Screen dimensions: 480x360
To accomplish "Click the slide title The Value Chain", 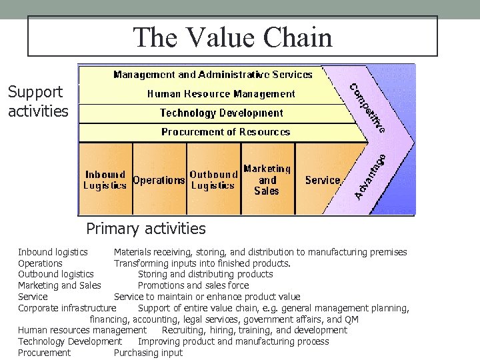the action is tap(232, 37).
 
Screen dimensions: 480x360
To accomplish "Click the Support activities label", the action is tap(38, 101).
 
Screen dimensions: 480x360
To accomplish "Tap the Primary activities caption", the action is tap(146, 229).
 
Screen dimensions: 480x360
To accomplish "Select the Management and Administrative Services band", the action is tap(213, 75).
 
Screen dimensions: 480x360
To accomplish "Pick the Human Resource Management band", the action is tap(221, 94).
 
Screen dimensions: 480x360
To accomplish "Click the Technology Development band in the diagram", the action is tap(221, 113).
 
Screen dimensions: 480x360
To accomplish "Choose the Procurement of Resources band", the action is tap(225, 132).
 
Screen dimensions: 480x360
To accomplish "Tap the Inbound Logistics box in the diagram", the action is tap(105, 180).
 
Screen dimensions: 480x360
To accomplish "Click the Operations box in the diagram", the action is tap(159, 180).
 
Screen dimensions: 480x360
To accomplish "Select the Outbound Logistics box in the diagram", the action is tap(213, 180).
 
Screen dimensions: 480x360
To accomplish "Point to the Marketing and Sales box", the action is tap(267, 180).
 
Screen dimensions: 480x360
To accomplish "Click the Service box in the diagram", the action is tap(323, 180).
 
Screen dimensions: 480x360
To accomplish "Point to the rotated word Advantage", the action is tap(370, 177).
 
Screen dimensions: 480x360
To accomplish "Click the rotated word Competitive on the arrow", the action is tap(367, 107).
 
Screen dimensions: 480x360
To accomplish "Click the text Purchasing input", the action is tap(148, 353).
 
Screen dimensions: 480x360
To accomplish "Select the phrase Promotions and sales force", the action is tap(193, 285).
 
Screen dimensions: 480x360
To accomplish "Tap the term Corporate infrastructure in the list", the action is tap(67, 308).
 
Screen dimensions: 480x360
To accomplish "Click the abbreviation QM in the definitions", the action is tap(351, 319).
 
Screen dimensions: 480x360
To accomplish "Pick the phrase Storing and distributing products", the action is tap(205, 274).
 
